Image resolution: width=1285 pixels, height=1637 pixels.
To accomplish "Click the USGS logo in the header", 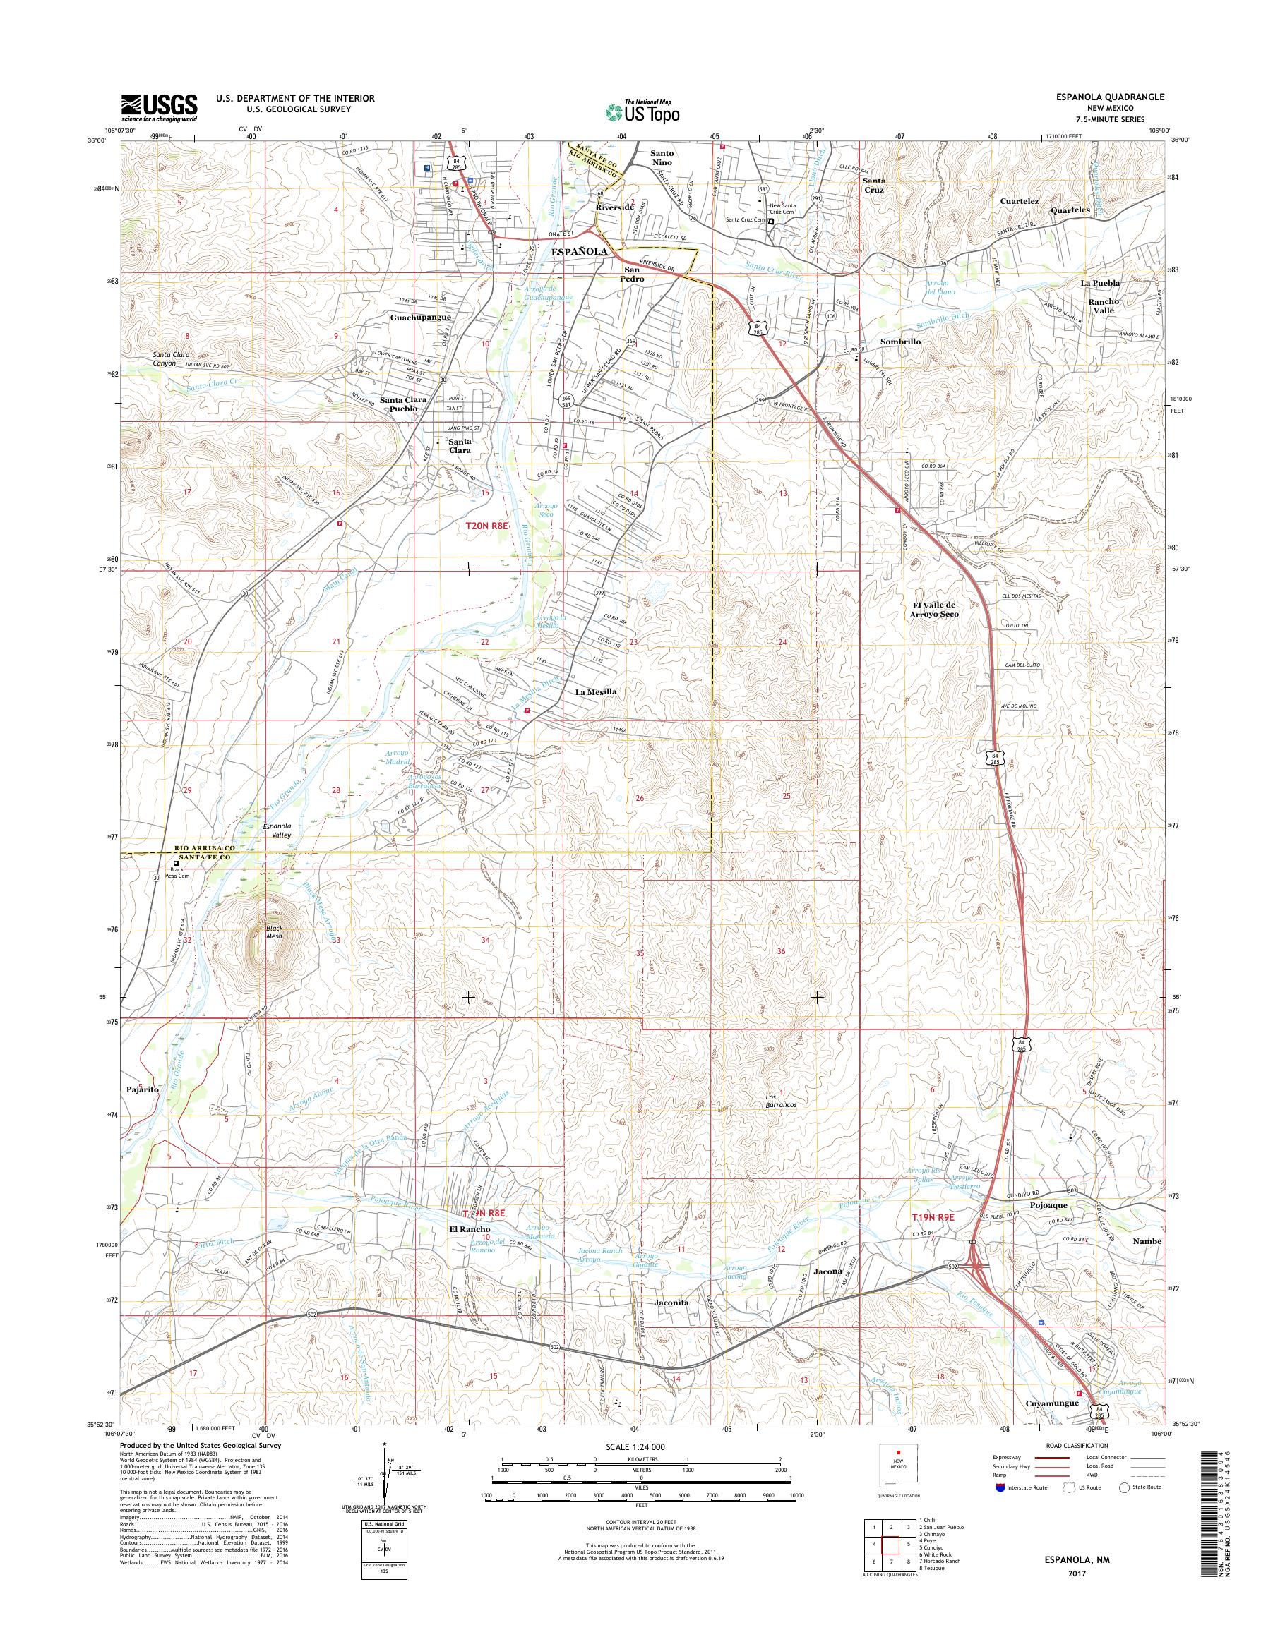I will [160, 107].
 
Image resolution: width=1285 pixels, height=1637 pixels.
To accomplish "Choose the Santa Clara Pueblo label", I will [403, 404].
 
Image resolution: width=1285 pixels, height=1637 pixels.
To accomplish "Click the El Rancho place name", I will [470, 1229].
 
